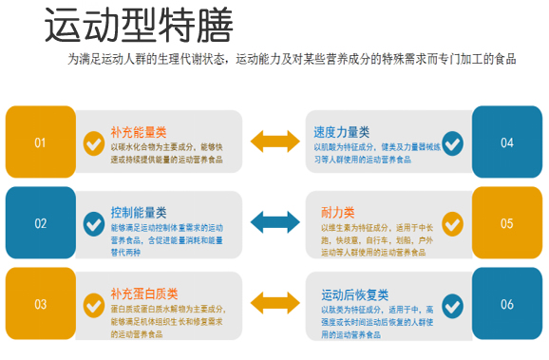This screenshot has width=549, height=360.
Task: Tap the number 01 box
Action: pos(40,142)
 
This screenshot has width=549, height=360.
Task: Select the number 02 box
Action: pos(40,223)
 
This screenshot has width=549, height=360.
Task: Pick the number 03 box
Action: pos(40,305)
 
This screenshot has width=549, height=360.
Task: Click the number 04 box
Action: pos(506,142)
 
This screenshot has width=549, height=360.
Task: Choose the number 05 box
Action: pos(506,223)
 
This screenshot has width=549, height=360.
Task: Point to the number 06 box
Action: pos(506,305)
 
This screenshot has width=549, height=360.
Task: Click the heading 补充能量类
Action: pos(139,131)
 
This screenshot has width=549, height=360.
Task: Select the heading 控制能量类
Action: pos(139,212)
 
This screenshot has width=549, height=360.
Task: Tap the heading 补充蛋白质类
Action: pos(144,293)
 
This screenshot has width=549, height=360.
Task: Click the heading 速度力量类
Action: pos(342,131)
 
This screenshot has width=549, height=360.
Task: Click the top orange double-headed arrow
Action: pos(274,142)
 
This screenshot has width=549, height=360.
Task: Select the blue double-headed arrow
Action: pos(274,223)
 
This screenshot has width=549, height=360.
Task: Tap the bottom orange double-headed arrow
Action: pos(274,305)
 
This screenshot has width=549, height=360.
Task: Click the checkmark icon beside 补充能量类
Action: pos(94,143)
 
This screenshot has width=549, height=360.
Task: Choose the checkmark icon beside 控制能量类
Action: pos(94,224)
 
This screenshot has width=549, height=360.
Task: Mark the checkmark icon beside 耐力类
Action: pos(453,224)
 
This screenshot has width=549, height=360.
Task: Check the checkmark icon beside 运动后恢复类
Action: pos(453,305)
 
